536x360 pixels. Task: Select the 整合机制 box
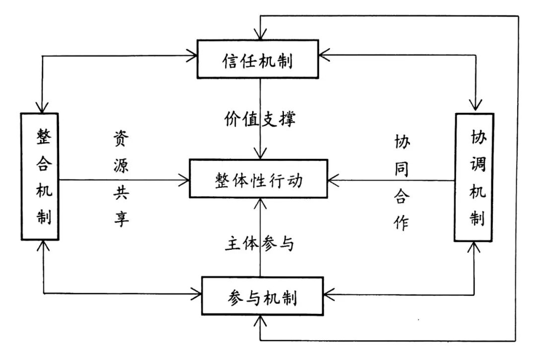pos(40,176)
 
